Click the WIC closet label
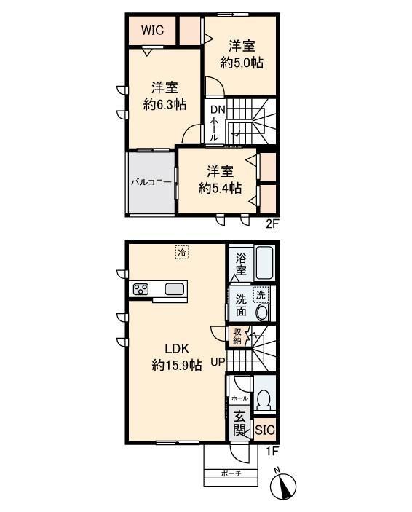[x=152, y=31]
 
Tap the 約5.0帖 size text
[x=242, y=63]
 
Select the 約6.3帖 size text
[x=165, y=104]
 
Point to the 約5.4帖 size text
[x=220, y=188]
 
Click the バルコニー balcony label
[x=151, y=182]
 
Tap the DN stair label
[x=218, y=109]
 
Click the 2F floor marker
[x=272, y=224]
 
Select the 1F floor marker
[x=272, y=452]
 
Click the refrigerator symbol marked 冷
[x=182, y=252]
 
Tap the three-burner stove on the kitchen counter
[x=140, y=289]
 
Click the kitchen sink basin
[x=175, y=289]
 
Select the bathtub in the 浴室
[x=264, y=263]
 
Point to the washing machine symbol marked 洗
[x=261, y=295]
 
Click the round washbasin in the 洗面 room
[x=262, y=313]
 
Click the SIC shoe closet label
[x=265, y=430]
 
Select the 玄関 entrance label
[x=239, y=423]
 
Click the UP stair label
[x=218, y=361]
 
